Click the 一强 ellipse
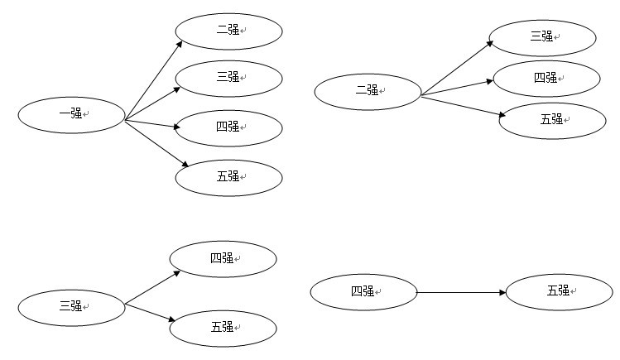(x=71, y=114)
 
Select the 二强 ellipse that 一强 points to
(x=228, y=31)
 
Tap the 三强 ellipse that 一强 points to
(x=228, y=78)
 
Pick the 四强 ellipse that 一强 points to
(x=228, y=127)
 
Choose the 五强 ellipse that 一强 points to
(x=228, y=177)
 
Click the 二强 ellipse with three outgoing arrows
(x=368, y=91)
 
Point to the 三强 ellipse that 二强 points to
(x=542, y=37)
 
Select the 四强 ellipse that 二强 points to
(x=546, y=79)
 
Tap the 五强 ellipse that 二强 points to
(x=552, y=120)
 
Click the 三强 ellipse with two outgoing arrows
(x=71, y=307)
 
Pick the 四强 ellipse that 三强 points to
(x=223, y=260)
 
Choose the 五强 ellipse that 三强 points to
(x=223, y=329)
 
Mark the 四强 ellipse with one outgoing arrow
(x=363, y=292)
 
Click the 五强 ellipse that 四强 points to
(x=559, y=291)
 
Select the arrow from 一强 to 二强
(x=153, y=80)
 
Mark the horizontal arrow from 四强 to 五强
(x=461, y=292)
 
